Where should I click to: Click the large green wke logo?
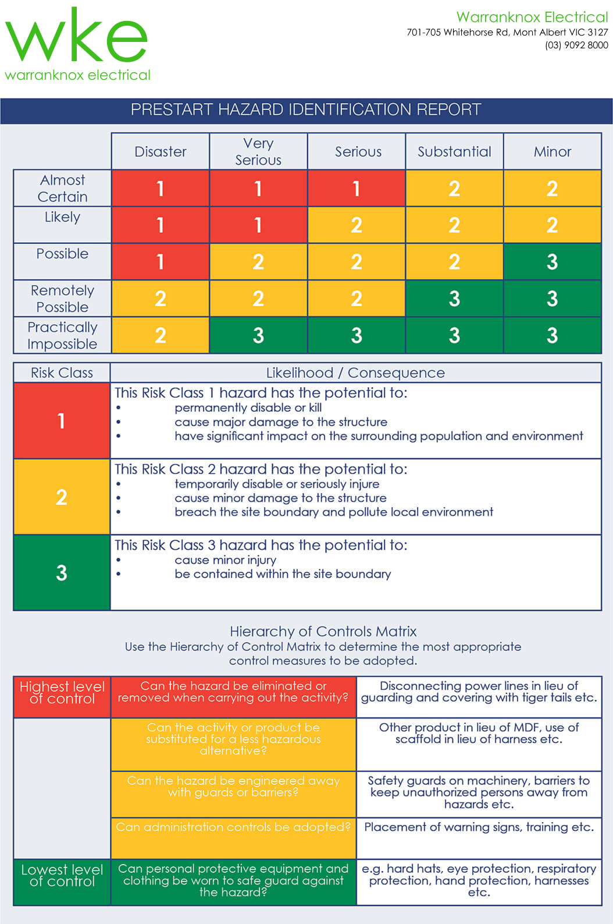click(76, 36)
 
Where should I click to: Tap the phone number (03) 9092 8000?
click(576, 45)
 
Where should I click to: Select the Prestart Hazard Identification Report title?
click(306, 110)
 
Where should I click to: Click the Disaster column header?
click(161, 152)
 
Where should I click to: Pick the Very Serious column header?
click(258, 151)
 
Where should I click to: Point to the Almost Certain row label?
click(62, 188)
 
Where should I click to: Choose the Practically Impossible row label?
click(62, 335)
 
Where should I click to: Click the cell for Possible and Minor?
click(552, 262)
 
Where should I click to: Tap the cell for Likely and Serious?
click(356, 225)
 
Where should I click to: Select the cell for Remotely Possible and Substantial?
click(454, 299)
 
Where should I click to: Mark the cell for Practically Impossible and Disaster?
click(161, 335)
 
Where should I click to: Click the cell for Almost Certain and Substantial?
click(454, 189)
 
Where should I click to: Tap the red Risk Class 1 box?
click(62, 420)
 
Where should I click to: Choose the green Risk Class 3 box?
click(62, 573)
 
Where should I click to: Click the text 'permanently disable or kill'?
click(248, 408)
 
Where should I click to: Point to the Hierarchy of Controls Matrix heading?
click(323, 632)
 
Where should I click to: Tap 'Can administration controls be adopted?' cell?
click(233, 827)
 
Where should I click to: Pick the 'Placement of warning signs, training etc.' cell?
click(479, 827)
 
